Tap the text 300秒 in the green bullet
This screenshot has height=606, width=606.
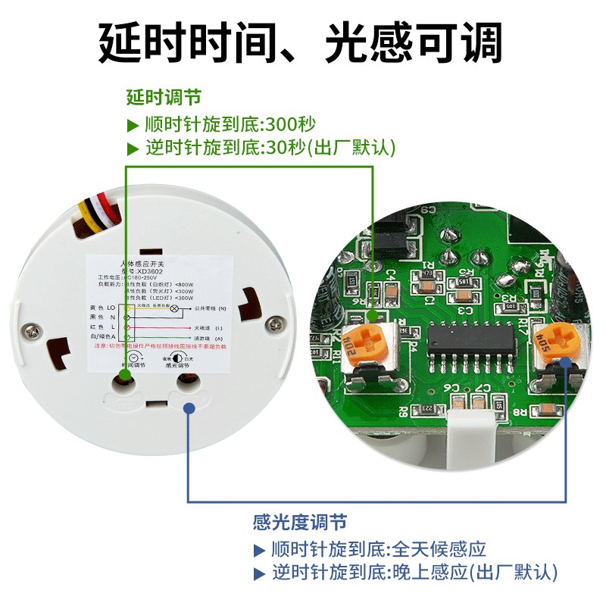pos(289,123)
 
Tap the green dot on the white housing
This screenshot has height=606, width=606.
pos(125,377)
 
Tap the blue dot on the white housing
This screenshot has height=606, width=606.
pos(189,408)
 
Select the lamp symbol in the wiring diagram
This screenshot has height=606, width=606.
pos(173,309)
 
